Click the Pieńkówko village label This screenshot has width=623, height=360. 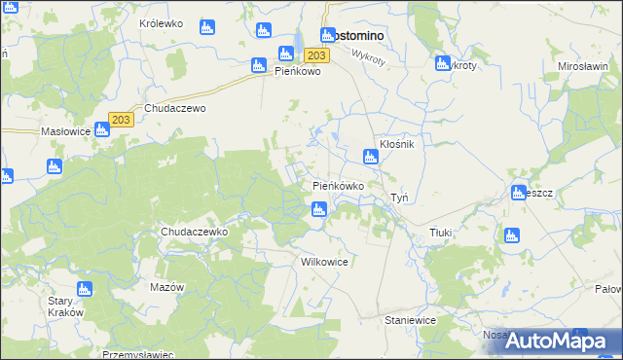pyautogui.click(x=338, y=185)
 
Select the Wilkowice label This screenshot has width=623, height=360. pyautogui.click(x=325, y=263)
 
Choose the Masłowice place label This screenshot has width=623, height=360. pyautogui.click(x=65, y=130)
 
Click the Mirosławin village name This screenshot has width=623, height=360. pyautogui.click(x=582, y=66)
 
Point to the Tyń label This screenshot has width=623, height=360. pyautogui.click(x=399, y=198)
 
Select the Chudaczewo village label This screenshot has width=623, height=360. pyautogui.click(x=175, y=109)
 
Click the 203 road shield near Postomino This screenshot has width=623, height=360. pyautogui.click(x=320, y=56)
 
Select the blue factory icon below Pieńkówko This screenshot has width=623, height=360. pyautogui.click(x=318, y=208)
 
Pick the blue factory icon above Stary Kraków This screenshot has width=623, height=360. pyautogui.click(x=85, y=288)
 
